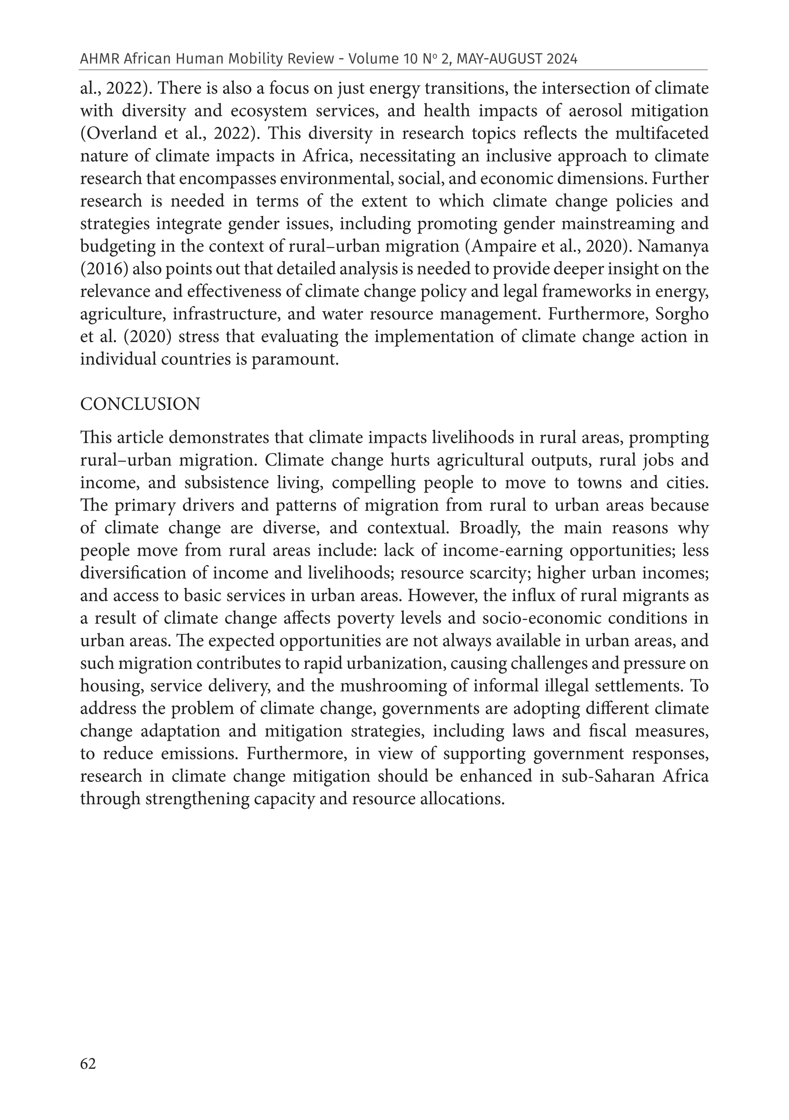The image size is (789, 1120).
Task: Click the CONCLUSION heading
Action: click(140, 404)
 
